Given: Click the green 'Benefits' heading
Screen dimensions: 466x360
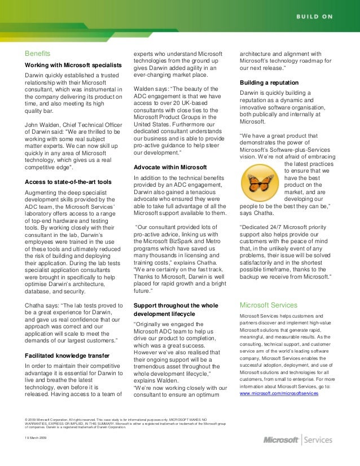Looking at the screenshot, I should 38,54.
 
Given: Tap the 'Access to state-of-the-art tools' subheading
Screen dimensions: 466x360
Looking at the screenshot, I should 67,182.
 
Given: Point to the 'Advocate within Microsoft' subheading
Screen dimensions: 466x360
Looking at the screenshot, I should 170,167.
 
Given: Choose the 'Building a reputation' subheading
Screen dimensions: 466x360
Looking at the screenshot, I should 269,83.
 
